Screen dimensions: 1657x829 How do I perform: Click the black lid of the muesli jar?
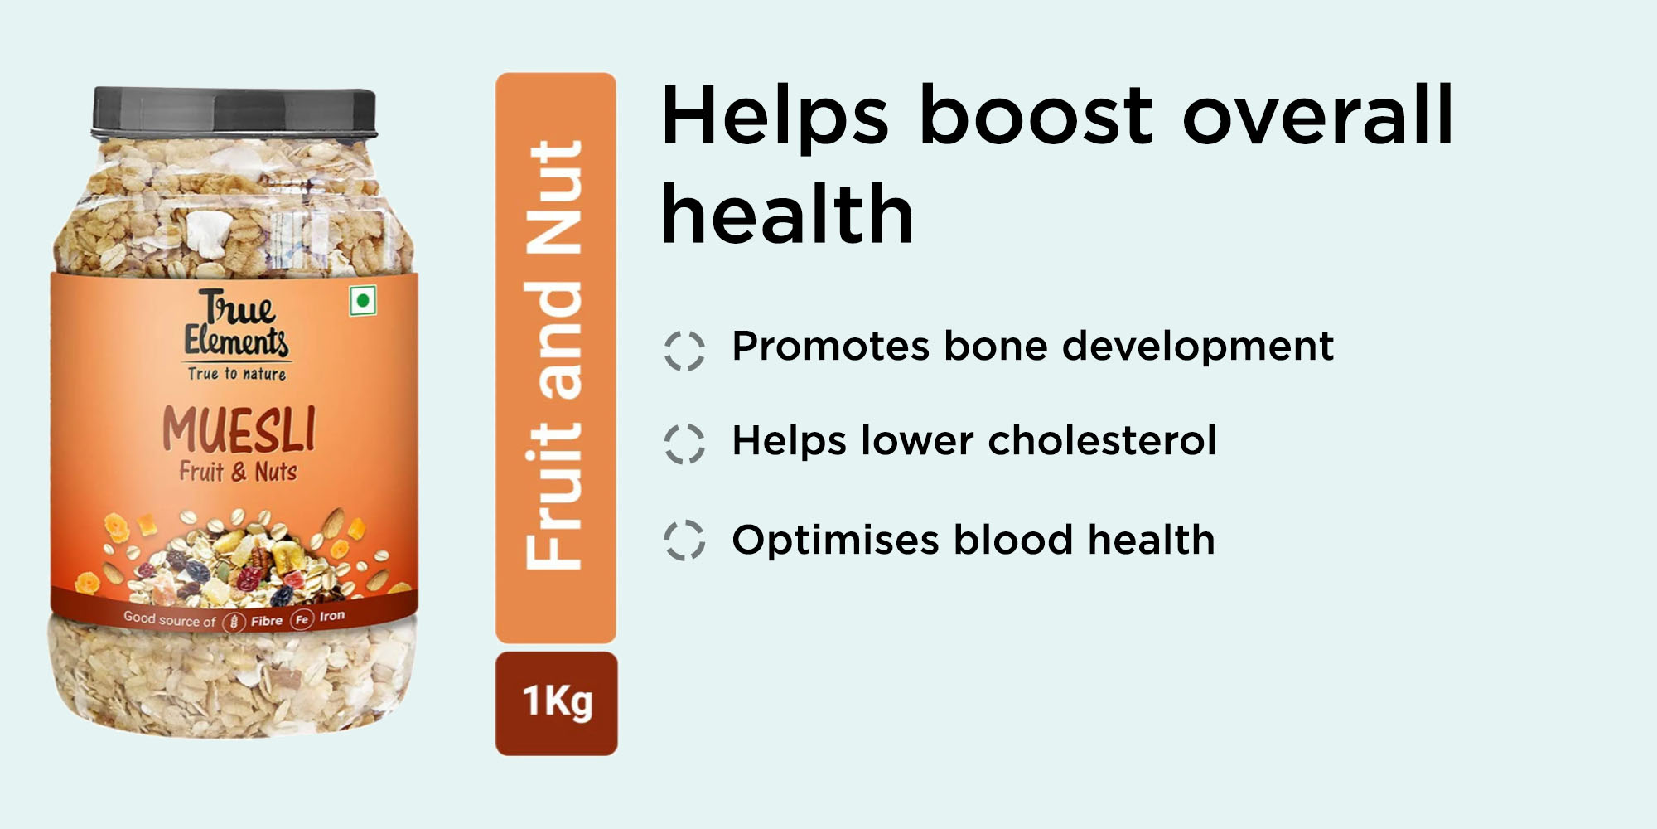coord(234,112)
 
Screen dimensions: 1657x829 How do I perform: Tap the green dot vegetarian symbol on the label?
coord(363,300)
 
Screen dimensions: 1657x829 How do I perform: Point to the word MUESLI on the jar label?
coord(239,429)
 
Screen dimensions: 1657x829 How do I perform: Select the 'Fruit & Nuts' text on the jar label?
coord(239,472)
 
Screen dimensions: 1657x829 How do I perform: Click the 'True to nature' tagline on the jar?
coord(237,374)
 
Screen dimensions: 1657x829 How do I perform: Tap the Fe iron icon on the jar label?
coord(302,619)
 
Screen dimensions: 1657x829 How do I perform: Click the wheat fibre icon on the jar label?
coord(234,621)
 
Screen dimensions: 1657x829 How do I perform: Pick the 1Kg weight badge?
coord(557,703)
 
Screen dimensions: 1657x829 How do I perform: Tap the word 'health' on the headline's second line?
coord(787,213)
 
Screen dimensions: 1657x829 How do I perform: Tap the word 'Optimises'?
coord(836,541)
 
